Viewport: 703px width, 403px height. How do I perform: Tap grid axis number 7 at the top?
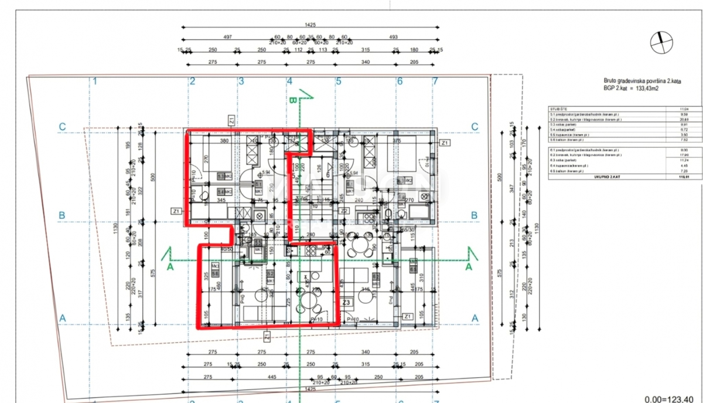pyautogui.click(x=435, y=81)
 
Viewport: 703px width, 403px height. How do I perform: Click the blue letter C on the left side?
pyautogui.click(x=62, y=127)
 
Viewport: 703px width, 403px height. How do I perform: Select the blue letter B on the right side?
pyautogui.click(x=475, y=216)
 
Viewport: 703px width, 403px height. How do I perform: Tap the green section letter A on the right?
pyautogui.click(x=468, y=266)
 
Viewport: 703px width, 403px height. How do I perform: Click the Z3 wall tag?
pyautogui.click(x=346, y=303)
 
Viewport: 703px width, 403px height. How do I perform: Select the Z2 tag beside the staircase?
pyautogui.click(x=346, y=211)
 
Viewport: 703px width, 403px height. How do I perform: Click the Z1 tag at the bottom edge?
pyautogui.click(x=267, y=337)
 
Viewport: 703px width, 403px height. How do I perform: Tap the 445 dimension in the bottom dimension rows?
pyautogui.click(x=271, y=377)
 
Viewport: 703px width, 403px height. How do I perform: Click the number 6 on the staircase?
pyautogui.click(x=329, y=174)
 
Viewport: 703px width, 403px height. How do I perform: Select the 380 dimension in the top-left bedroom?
pyautogui.click(x=223, y=141)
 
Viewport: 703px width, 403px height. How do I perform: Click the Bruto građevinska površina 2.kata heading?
pyautogui.click(x=644, y=82)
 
